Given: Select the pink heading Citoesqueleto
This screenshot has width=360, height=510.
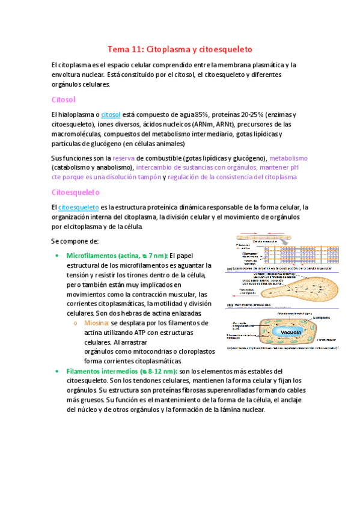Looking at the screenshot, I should click(76, 192).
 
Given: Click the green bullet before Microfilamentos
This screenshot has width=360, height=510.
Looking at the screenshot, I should click(57, 256).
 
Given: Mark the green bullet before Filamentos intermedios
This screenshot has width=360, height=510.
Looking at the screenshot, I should click(57, 371).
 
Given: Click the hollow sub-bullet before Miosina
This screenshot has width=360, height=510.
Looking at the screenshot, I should click(75, 323).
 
